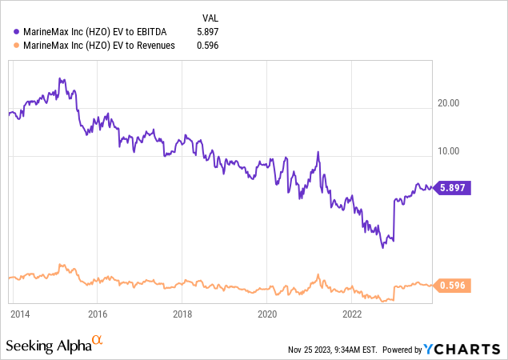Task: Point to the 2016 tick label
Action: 98,314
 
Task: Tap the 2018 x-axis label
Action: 182,314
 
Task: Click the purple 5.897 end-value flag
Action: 453,188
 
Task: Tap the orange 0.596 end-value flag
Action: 453,285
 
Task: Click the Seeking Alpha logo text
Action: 47,346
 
